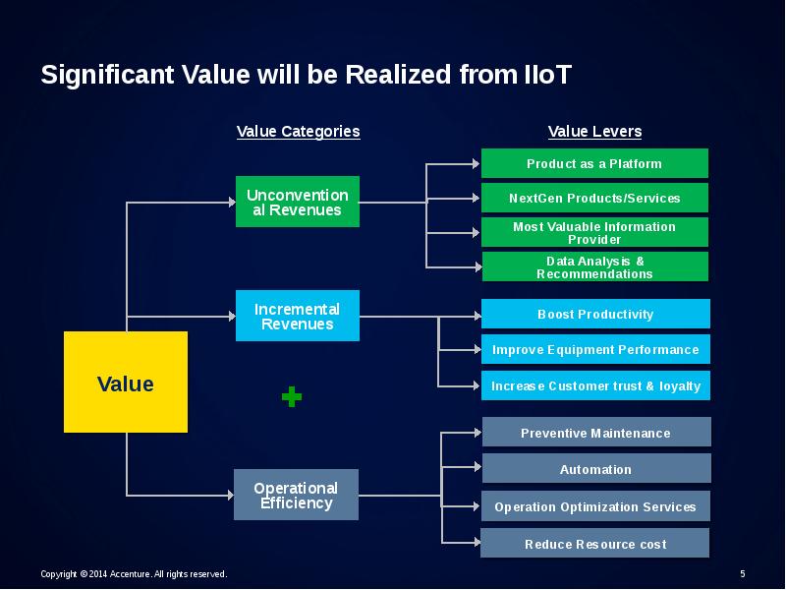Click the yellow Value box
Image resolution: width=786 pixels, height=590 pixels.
tap(126, 383)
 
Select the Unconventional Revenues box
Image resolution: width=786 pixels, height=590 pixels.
tap(298, 203)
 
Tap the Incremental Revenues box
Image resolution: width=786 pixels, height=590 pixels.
tap(298, 316)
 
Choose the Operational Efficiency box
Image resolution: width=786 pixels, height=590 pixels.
tap(296, 495)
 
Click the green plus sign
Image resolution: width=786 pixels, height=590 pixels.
tap(292, 397)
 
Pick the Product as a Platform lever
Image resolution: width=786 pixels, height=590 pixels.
tap(594, 163)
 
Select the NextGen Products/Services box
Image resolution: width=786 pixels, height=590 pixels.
tap(594, 198)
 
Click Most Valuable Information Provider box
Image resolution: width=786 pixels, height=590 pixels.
tap(594, 232)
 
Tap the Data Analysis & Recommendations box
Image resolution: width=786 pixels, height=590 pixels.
tap(594, 266)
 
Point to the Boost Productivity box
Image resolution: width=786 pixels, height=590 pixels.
tap(595, 314)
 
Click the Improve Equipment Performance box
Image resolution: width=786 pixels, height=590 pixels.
tap(595, 349)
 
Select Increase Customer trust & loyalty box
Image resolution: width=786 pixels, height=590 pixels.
tap(595, 385)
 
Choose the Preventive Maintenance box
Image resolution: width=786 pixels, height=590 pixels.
tap(595, 433)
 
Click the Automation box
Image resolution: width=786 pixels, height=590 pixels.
tap(595, 469)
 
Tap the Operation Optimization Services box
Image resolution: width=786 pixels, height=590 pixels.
tap(595, 506)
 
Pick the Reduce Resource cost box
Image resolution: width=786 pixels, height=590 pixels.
tap(595, 544)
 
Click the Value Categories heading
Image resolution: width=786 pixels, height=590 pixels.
tap(298, 132)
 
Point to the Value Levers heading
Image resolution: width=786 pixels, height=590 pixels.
tap(594, 132)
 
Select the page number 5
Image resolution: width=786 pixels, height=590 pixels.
tap(742, 573)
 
